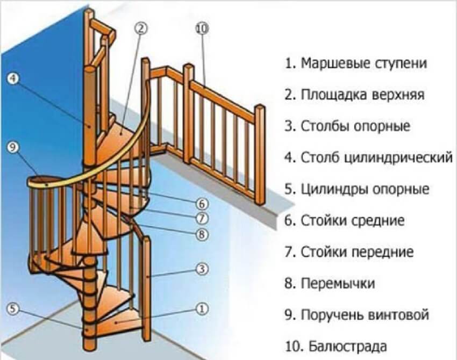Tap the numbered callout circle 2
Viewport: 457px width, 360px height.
pos(141,28)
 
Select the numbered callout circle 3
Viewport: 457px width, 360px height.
pos(202,269)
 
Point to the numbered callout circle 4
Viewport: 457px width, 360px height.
pos(14,78)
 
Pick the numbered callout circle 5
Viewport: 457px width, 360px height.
pos(14,308)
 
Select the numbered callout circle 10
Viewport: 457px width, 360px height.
pos(202,28)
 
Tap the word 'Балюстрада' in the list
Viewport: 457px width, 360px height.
pos(345,345)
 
